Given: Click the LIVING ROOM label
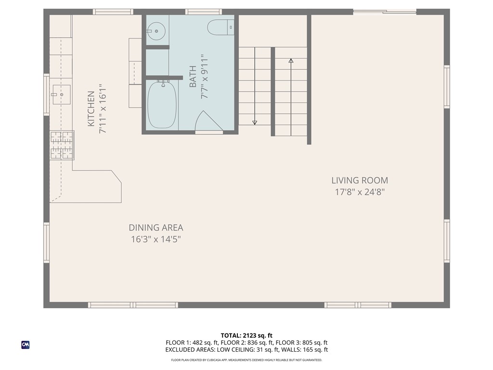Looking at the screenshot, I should point(359,181).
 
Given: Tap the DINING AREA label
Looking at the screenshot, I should point(156,228).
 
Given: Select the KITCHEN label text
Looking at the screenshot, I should point(91,109).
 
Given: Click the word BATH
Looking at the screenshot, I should point(193,78).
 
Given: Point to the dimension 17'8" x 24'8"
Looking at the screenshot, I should point(359,192).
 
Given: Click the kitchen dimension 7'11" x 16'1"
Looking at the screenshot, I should point(102,109).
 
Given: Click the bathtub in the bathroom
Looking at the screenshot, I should point(162,105).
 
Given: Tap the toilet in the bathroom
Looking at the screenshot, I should point(221,27).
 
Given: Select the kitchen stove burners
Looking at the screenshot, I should point(62,145).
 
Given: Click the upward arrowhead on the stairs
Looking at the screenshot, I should point(291,61).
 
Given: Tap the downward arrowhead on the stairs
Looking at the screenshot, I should point(255,122).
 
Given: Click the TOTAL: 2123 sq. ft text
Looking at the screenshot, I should point(246,335).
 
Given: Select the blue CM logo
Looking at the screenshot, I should point(26,344).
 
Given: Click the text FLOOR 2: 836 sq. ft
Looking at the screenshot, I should point(247,343).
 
